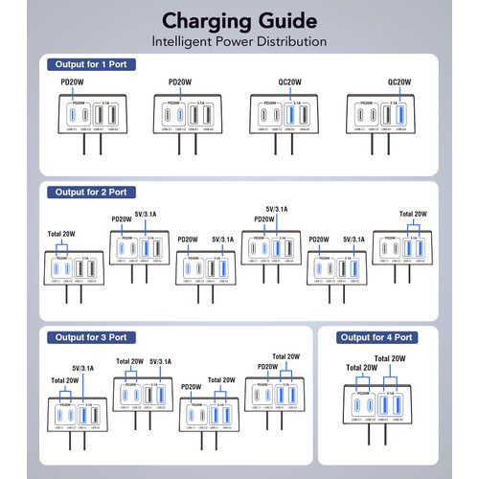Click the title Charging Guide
(x=239, y=19)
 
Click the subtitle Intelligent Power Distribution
(x=239, y=42)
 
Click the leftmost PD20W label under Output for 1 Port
(x=73, y=82)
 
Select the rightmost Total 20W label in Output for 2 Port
(x=414, y=215)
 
